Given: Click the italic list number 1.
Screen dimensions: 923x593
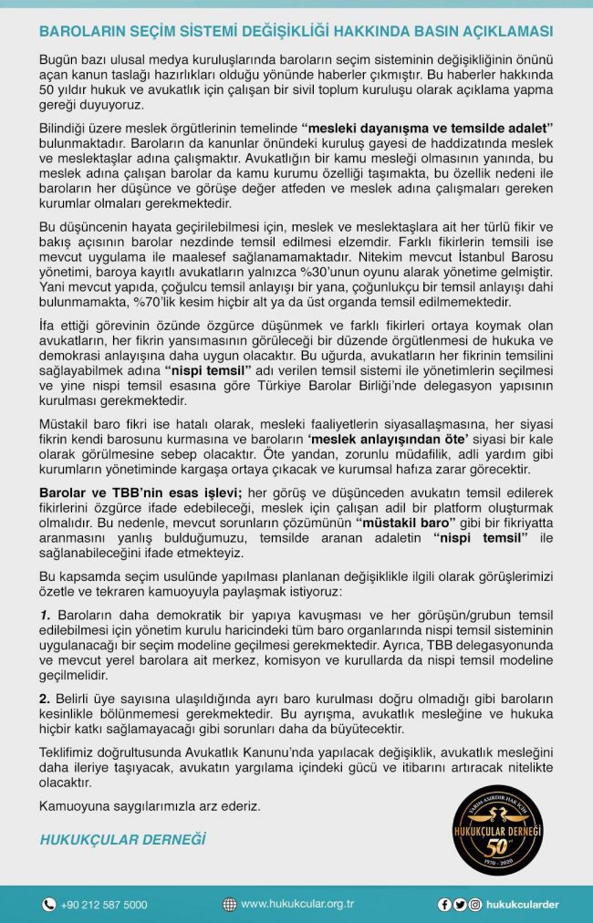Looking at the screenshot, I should pos(45,617).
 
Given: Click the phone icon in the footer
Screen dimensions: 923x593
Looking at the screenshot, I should pos(49,904).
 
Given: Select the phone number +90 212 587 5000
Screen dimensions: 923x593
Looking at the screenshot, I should pos(104,904).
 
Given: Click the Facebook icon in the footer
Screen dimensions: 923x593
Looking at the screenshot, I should pos(444,904).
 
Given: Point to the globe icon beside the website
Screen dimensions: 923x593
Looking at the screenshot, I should pos(230,904).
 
